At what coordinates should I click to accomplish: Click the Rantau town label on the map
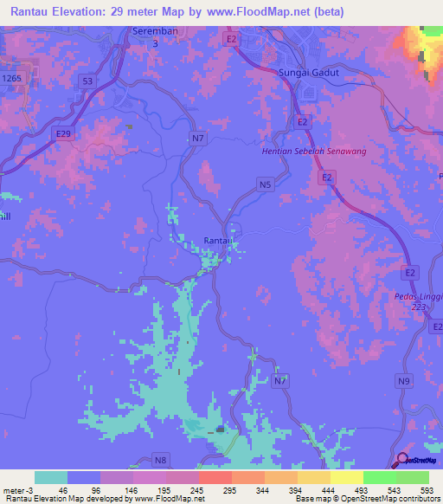215,241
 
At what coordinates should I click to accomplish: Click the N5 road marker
265,184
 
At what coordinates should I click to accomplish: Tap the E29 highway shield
62,134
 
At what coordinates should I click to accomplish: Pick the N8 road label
161,458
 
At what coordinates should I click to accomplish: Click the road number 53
87,81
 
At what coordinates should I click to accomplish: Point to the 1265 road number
12,78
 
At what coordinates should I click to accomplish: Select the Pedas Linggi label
424,297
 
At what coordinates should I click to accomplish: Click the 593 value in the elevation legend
427,490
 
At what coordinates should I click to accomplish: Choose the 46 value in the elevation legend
62,490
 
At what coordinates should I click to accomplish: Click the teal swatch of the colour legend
51,477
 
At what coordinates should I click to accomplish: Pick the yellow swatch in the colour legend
347,477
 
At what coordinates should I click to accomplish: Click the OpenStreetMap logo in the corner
419,459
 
